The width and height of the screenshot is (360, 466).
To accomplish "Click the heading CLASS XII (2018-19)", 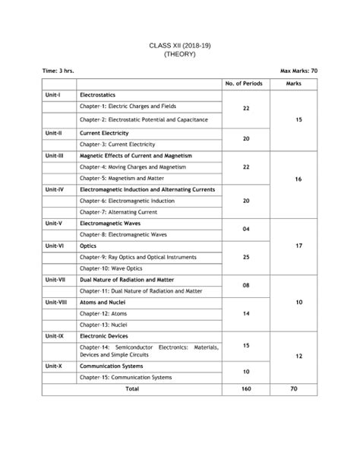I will coord(180,46).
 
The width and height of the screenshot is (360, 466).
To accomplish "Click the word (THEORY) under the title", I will coord(180,55).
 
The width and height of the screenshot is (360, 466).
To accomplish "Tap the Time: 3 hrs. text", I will coord(58,70).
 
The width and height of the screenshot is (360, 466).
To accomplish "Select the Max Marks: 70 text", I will coord(298,70).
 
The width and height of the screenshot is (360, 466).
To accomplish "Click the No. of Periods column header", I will coord(245,82).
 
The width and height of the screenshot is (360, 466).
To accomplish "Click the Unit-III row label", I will coord(55,154).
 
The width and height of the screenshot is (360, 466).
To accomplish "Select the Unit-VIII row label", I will coord(56,302).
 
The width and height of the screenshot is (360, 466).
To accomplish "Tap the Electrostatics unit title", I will coord(97,95).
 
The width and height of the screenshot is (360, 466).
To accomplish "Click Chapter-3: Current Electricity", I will coord(117,144).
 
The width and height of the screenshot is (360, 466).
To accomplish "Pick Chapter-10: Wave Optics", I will coord(112,268).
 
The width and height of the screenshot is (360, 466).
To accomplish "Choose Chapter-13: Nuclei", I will coord(103,325).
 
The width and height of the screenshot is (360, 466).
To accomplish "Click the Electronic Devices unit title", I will coord(103,335).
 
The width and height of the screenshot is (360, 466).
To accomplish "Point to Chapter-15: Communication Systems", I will coord(125,376).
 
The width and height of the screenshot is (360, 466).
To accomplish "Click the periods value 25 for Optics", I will coord(245,258).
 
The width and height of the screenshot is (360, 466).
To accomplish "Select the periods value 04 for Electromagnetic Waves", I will coord(245,228).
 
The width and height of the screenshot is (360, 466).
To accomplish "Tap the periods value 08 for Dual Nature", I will coord(245,285).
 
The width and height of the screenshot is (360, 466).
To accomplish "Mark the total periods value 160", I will coord(245,388).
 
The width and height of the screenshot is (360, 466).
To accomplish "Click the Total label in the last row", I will coord(132,388).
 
